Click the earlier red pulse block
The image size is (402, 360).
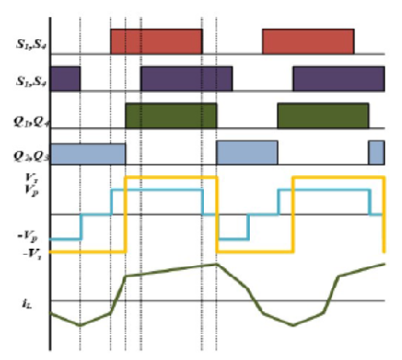(156, 41)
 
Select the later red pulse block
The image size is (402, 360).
(308, 41)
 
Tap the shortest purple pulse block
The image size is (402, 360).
(65, 78)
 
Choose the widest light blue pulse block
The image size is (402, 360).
(87, 152)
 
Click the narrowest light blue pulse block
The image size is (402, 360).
(376, 152)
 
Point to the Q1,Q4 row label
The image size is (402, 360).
(29, 121)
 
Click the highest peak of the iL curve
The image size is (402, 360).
(214, 264)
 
